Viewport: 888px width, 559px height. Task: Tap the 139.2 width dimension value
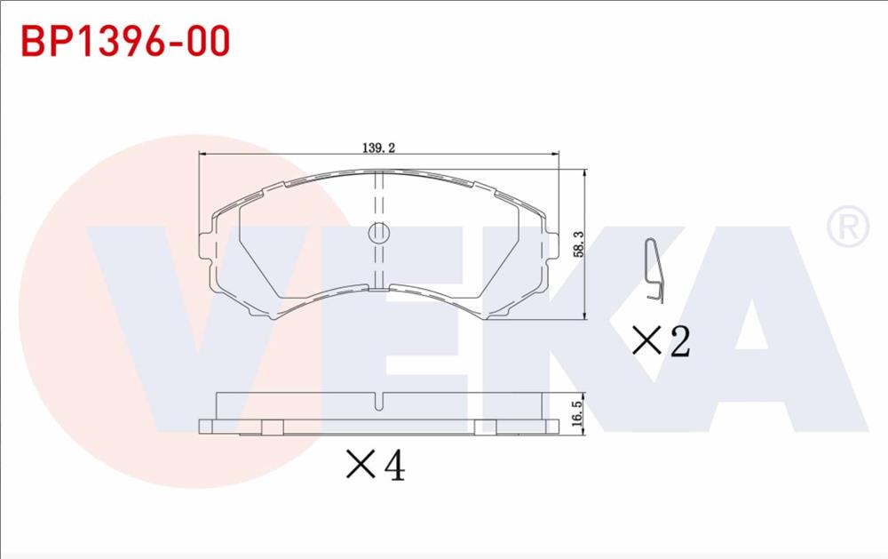point(378,148)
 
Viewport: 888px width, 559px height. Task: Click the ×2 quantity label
point(661,340)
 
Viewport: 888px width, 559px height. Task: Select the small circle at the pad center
point(379,233)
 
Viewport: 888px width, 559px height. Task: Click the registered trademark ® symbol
point(847,227)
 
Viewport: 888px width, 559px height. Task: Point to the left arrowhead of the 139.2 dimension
point(202,156)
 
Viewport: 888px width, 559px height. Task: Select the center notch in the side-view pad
point(379,402)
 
